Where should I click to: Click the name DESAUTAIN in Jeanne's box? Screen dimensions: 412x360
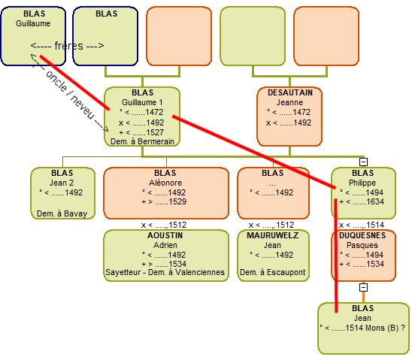point(290,92)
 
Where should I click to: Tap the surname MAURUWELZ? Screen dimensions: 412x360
point(273,235)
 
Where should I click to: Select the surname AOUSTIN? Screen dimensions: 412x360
point(165,235)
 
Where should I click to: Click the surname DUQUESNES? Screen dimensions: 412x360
point(362,235)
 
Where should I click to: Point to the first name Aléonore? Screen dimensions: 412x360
point(165,183)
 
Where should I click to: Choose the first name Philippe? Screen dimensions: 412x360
point(362,183)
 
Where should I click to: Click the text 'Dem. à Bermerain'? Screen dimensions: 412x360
point(142,141)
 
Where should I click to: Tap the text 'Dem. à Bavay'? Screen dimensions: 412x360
point(62,213)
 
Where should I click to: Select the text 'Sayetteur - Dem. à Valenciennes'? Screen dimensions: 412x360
point(165,272)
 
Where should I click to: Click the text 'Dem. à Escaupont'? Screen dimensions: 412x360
point(273,272)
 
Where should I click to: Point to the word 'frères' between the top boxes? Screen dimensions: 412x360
point(69,46)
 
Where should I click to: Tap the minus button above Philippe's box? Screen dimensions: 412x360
point(363,162)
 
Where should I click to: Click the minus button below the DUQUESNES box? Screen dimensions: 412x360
point(363,287)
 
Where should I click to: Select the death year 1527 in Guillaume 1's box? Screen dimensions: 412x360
point(155,132)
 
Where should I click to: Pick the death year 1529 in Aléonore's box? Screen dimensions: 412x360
point(177,201)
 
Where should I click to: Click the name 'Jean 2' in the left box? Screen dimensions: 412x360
point(62,183)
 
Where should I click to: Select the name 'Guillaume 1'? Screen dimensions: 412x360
point(142,102)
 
